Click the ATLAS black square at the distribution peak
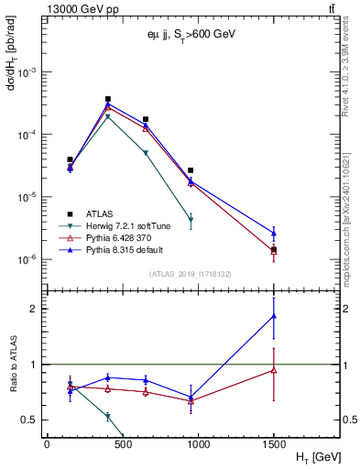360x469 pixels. coord(108,99)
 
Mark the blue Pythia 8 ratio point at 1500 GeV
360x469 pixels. coord(274,316)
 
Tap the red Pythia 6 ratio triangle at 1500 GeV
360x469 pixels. coord(274,370)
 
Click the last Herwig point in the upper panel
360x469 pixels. coord(191,220)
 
